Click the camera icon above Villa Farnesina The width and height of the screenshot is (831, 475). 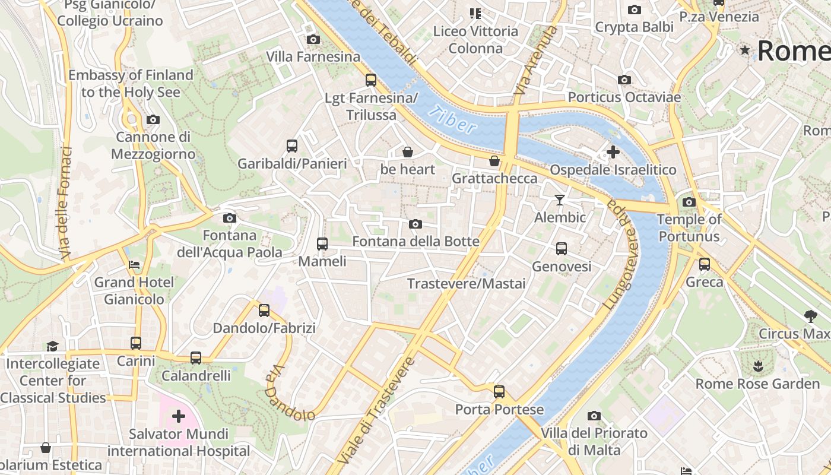pos(313,40)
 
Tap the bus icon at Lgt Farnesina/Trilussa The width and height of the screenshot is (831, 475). pos(371,80)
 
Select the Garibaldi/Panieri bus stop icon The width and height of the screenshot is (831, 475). pos(292,145)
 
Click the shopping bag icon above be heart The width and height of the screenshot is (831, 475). pos(407,152)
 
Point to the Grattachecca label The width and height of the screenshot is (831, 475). pos(494,178)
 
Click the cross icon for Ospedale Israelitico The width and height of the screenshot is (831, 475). pos(613,152)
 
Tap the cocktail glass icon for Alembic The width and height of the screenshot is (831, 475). pos(559,199)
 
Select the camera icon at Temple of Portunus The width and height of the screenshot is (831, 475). pos(689,202)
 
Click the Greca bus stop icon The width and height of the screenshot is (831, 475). pos(705,264)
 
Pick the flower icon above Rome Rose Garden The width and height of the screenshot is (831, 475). pos(757,366)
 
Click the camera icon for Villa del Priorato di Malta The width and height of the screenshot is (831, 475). pos(594,416)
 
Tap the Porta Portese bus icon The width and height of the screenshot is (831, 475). pos(499,392)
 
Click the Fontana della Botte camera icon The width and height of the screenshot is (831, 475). pos(415,224)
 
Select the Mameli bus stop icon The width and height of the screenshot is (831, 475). pos(322,243)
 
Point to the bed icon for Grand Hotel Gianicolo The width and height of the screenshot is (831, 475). pos(134,264)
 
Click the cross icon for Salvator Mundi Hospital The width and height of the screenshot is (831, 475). pos(178,416)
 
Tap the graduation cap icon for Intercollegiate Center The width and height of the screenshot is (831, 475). pos(53,346)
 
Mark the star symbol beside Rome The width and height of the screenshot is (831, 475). pos(745,50)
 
